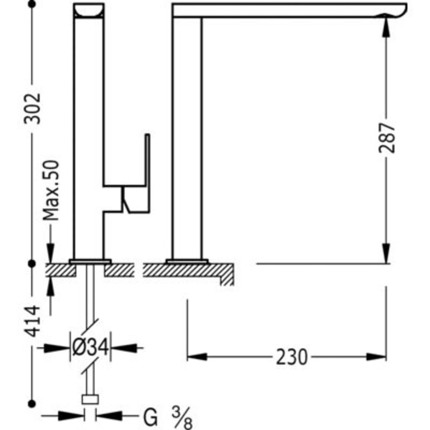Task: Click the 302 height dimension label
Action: [x=33, y=108]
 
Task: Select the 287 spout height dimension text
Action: [x=387, y=138]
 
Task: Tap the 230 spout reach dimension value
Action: [x=291, y=357]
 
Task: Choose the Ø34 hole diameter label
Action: [x=90, y=345]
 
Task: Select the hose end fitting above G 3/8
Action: [x=90, y=400]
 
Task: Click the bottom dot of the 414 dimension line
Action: [x=32, y=403]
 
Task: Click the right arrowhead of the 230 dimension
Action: [x=377, y=356]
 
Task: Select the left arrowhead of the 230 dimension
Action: [x=196, y=356]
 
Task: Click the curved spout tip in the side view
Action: [x=396, y=11]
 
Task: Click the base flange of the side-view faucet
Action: [x=187, y=261]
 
